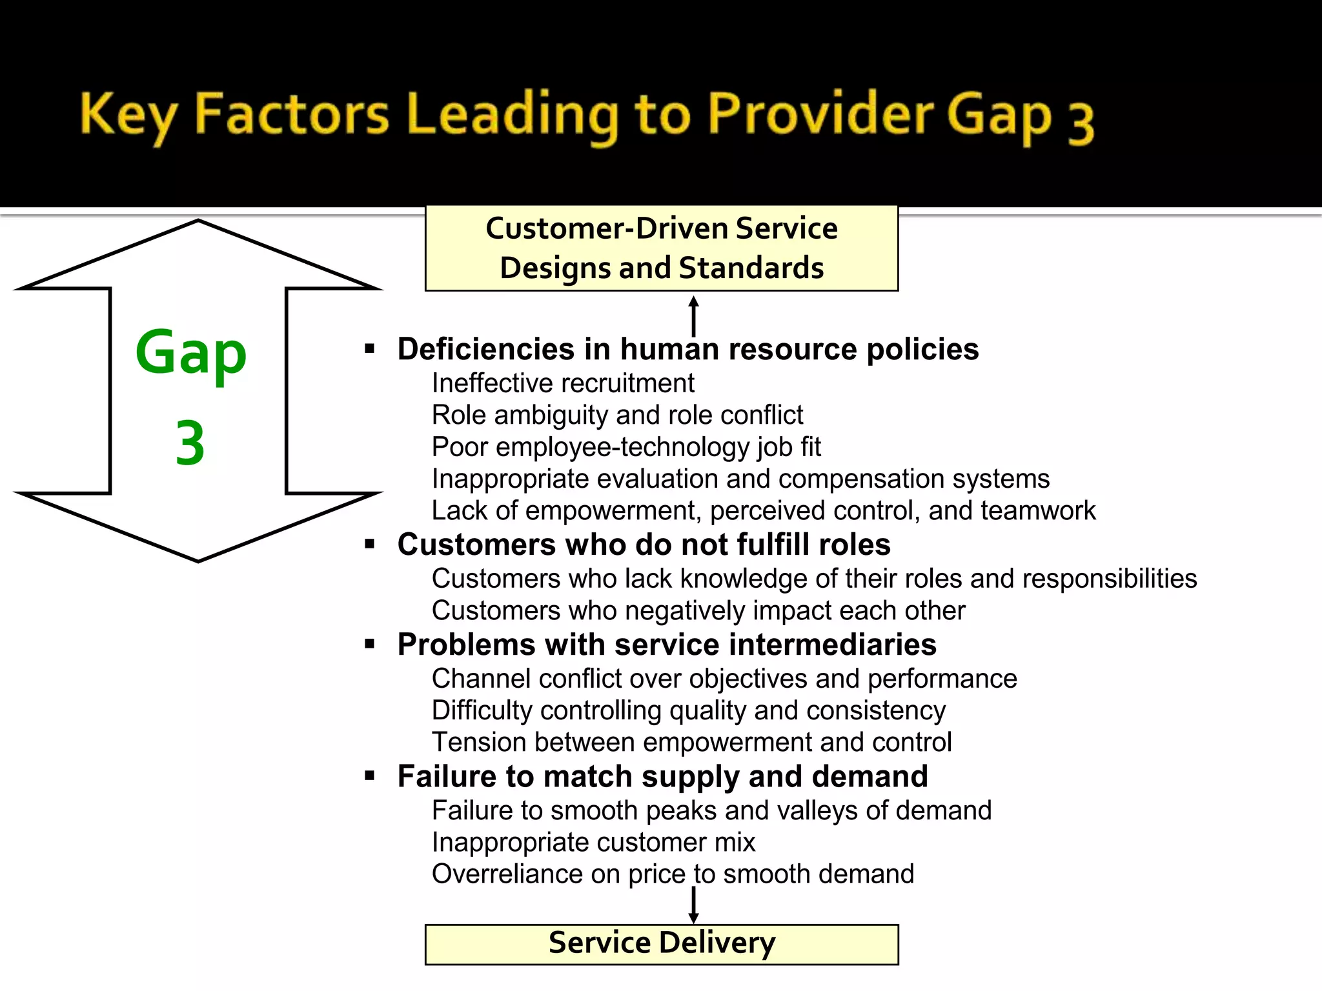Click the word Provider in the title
tap(820, 114)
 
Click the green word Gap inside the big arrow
tap(191, 354)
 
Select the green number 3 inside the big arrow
tap(190, 443)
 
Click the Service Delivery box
tap(662, 943)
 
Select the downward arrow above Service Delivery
tap(694, 905)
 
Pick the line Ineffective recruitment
tap(563, 383)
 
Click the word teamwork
tap(1038, 510)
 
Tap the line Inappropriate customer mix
tap(593, 842)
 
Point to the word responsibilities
tap(1110, 579)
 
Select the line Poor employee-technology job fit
tap(626, 447)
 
